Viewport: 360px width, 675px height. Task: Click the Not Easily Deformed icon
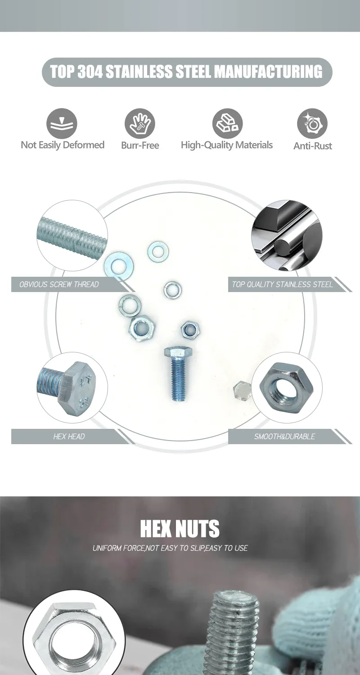(62, 124)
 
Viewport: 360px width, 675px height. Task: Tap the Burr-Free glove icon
(140, 124)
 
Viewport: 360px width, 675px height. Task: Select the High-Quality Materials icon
(227, 124)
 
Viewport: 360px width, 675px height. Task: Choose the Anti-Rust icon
(312, 124)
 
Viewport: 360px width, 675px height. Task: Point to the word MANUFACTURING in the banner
(268, 72)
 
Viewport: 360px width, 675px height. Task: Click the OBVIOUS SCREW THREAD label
(59, 284)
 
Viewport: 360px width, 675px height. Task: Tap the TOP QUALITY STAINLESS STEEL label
(282, 284)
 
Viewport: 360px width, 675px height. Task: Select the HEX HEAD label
(69, 436)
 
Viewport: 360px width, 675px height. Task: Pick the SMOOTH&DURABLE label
(285, 436)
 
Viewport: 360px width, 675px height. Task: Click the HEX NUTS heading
(180, 529)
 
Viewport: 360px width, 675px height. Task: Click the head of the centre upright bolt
(178, 351)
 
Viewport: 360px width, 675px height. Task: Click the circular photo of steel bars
(287, 235)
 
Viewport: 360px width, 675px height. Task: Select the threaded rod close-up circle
(72, 235)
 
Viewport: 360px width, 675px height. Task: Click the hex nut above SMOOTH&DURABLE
(286, 388)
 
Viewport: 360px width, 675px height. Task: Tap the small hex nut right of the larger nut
(190, 330)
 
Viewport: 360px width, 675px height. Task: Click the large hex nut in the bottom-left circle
(74, 641)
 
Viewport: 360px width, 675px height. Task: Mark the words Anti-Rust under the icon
(313, 146)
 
